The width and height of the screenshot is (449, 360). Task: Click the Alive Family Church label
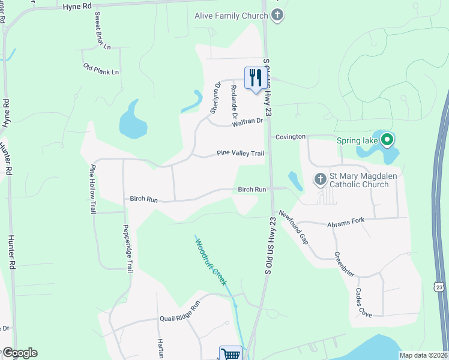(x=231, y=16)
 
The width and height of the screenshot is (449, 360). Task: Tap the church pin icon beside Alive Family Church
(x=277, y=16)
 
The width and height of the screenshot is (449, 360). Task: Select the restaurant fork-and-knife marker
(x=255, y=78)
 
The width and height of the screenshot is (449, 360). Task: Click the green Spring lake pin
(x=387, y=140)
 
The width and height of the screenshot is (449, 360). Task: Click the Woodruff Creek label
(x=210, y=260)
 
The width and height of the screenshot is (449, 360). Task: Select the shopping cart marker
(x=231, y=354)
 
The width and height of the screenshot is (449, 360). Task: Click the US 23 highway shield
(x=440, y=287)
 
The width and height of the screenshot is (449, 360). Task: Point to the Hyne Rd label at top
(x=78, y=6)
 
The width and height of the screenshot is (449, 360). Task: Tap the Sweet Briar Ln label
(x=102, y=31)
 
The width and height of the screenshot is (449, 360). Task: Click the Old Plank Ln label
(x=101, y=68)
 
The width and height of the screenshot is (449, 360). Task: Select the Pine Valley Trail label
(x=240, y=154)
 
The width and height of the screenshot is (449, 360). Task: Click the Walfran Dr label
(x=248, y=122)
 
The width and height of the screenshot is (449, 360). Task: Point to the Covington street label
(x=291, y=137)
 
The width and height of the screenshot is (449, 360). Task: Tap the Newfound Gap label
(x=294, y=227)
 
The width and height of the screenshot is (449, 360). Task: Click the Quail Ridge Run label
(x=178, y=320)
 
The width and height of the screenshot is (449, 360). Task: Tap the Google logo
(x=19, y=353)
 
